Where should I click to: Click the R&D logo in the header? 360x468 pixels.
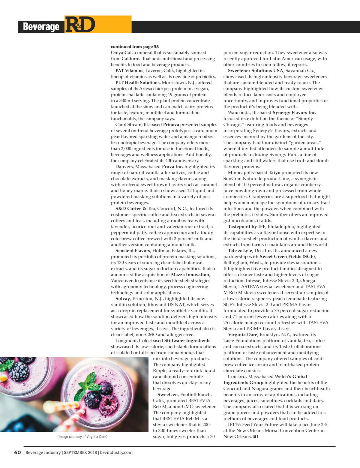[x=80, y=25]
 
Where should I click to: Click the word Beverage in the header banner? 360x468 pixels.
[x=41, y=27]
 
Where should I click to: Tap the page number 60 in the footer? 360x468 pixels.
[x=18, y=452]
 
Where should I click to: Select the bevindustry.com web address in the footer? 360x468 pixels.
[x=116, y=452]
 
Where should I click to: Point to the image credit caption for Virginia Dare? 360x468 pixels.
[x=82, y=437]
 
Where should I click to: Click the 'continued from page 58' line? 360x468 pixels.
[x=135, y=46]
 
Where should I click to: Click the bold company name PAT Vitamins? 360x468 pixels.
[x=129, y=70]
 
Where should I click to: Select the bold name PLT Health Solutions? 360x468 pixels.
[x=137, y=82]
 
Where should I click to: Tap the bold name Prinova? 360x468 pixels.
[x=171, y=124]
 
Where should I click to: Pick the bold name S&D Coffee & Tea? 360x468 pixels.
[x=135, y=208]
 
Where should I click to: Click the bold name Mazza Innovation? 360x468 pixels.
[x=190, y=274]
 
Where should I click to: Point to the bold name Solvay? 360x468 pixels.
[x=122, y=298]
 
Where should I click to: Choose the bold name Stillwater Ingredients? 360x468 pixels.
[x=187, y=340]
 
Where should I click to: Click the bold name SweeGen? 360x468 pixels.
[x=167, y=394]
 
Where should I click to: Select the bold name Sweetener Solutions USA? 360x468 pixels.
[x=255, y=70]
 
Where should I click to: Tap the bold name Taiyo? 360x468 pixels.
[x=274, y=172]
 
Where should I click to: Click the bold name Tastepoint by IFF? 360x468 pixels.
[x=246, y=226]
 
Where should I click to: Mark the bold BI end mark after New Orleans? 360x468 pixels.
[x=256, y=436]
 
